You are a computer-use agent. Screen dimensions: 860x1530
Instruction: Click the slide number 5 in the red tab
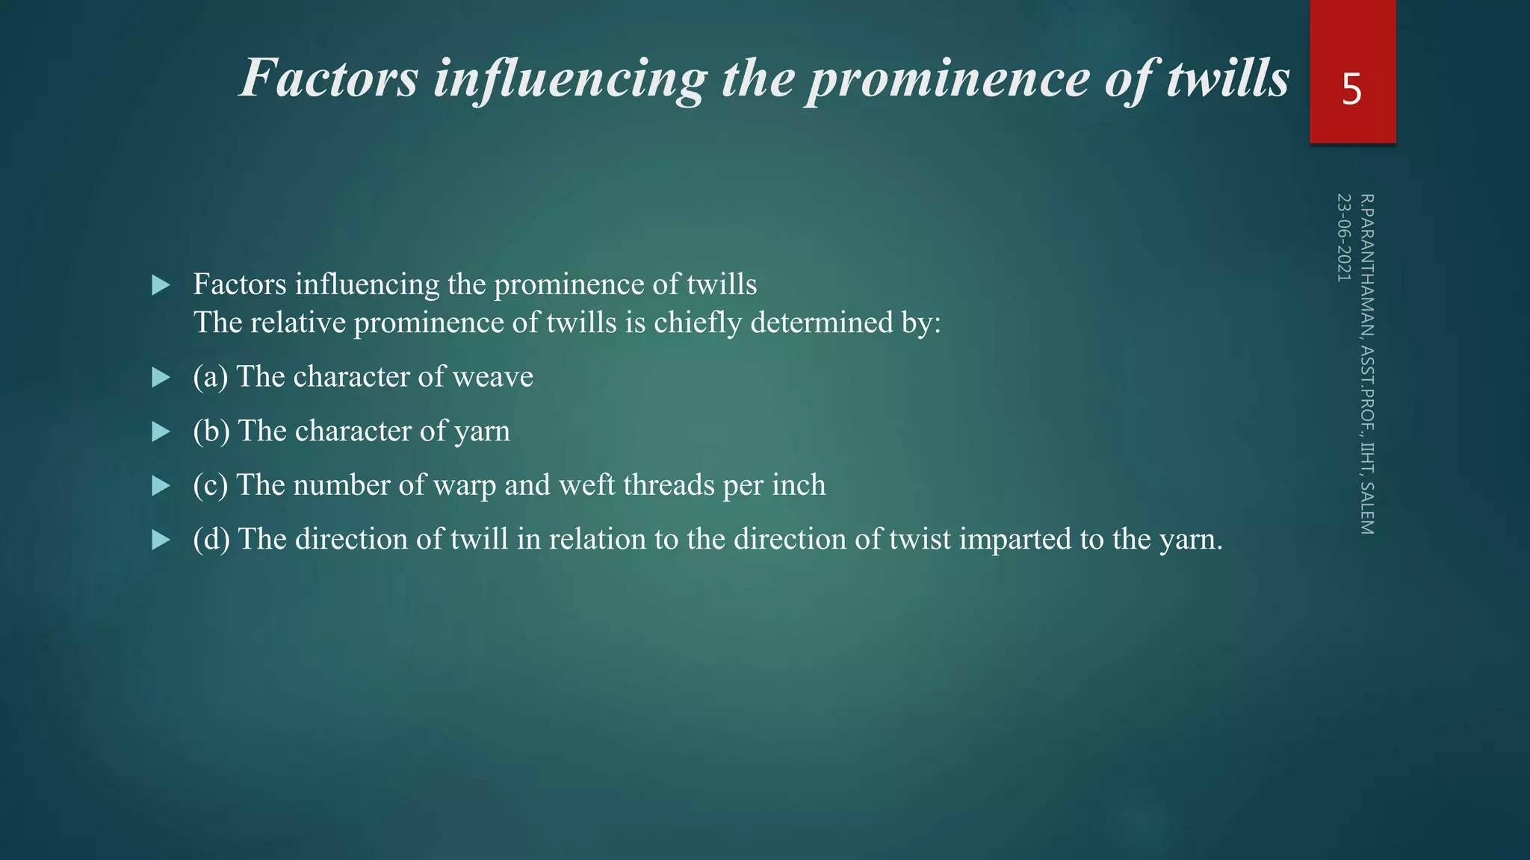pos(1351,90)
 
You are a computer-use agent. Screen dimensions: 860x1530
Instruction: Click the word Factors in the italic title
pos(329,78)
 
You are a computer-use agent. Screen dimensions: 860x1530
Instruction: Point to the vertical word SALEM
pos(1366,508)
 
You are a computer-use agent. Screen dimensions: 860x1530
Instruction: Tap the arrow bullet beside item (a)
pos(161,378)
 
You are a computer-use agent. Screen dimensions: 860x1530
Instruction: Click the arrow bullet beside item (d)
pos(161,540)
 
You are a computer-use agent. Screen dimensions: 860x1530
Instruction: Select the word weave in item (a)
pos(492,377)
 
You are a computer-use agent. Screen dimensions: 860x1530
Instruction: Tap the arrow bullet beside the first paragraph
pos(161,285)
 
